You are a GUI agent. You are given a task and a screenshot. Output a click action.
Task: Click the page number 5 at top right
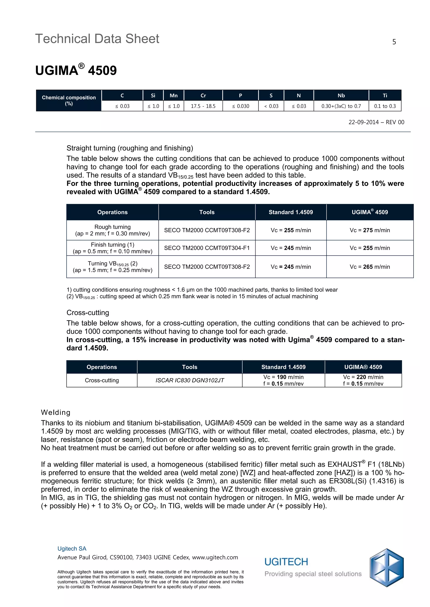tap(394, 42)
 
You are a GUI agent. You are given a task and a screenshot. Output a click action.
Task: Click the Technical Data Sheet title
tap(97, 39)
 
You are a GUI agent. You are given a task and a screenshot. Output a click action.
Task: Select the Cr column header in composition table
tap(203, 95)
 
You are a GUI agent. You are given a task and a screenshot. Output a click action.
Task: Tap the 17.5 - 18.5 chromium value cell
tap(203, 106)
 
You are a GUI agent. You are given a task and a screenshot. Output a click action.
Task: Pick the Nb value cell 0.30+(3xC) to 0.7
tap(341, 106)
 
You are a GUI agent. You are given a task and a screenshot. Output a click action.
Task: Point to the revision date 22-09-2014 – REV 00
tap(376, 122)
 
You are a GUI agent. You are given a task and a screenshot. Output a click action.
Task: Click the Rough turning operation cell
tap(113, 230)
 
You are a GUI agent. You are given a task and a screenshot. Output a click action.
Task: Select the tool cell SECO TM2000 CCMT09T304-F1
tap(207, 248)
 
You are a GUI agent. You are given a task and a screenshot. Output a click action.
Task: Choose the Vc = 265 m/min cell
tap(370, 267)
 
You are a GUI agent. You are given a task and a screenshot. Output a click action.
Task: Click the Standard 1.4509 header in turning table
tap(291, 212)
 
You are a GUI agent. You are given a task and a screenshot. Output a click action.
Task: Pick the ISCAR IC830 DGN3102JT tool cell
tap(190, 380)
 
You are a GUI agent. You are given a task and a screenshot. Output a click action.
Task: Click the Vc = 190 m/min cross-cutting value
tap(283, 377)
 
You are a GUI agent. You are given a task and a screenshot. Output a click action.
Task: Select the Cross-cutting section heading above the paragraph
tap(88, 313)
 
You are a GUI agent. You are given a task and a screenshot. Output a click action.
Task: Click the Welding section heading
tap(56, 412)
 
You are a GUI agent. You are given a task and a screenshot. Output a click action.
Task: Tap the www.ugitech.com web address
tap(215, 557)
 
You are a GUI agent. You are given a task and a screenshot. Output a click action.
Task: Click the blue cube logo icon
tap(386, 568)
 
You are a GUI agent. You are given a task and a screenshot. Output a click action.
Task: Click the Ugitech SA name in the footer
tap(72, 549)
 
